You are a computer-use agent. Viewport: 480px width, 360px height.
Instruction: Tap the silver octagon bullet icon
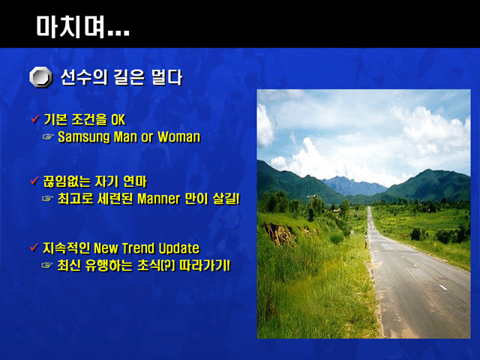40,77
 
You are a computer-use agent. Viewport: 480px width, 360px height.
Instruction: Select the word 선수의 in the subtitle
84,77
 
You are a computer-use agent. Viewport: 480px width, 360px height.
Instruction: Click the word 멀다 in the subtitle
166,77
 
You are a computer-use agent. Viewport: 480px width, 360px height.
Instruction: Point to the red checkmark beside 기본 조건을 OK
35,118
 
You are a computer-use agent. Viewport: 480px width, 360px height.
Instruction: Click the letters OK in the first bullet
118,120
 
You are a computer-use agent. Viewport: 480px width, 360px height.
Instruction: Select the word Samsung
83,137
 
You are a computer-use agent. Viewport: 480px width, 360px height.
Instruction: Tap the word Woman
179,136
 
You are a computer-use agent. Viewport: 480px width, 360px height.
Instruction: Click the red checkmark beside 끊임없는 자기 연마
35,181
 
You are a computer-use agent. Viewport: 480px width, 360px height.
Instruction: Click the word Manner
158,199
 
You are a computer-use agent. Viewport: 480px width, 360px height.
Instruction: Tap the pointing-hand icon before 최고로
47,199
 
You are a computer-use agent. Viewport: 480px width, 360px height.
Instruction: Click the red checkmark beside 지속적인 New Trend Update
34,247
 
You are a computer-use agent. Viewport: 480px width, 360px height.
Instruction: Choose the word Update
179,248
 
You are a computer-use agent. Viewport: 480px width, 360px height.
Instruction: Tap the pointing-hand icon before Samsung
48,136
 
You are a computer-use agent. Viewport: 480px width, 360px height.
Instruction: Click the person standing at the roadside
366,240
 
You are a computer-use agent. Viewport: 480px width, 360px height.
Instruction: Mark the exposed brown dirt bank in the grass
280,234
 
